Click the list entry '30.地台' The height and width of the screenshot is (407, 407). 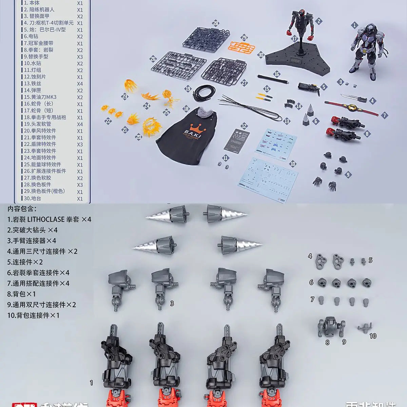pos(32,198)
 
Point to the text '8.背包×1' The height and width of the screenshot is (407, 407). pos(21,294)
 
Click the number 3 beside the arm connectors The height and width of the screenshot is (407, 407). pos(172,303)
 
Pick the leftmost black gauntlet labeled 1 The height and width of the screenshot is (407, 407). pos(116,360)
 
